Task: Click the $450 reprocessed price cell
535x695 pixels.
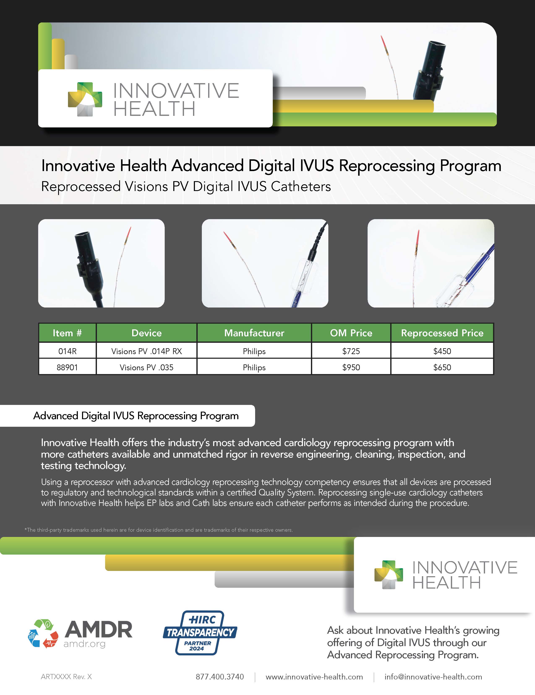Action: coord(442,351)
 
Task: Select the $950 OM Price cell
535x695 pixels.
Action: coord(351,367)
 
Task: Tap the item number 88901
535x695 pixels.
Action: coord(67,367)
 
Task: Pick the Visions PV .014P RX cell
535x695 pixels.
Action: coord(147,351)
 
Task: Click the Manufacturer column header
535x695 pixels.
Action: coord(254,333)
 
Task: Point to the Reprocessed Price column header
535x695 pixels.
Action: coord(442,333)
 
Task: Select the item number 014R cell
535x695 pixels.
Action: coord(67,351)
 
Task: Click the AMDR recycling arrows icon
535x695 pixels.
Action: coord(43,633)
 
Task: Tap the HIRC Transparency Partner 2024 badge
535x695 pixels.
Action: coord(200,633)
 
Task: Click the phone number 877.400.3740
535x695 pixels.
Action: coord(220,677)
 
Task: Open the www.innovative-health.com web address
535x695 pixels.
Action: coord(314,677)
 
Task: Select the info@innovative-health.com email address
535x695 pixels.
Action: coord(433,677)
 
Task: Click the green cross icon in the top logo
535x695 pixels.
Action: coord(85,99)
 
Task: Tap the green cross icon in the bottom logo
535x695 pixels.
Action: coord(389,575)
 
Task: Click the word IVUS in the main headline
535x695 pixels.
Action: coord(316,165)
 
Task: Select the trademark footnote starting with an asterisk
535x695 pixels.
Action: coord(158,530)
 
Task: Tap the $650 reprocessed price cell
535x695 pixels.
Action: coord(442,367)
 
